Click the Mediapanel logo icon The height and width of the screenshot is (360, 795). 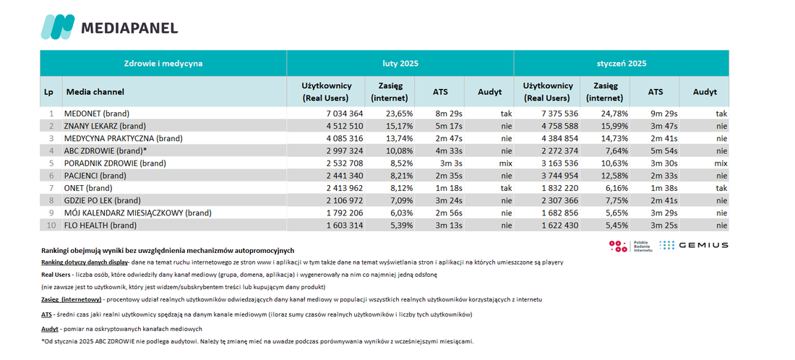(57, 27)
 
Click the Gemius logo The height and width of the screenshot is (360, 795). (694, 245)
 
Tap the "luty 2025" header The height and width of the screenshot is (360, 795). (400, 64)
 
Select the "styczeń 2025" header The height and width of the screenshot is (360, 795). (622, 64)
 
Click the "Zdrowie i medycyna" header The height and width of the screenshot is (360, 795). (163, 64)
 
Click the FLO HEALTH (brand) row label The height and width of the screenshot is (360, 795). (100, 226)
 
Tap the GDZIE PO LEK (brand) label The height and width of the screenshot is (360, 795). (102, 200)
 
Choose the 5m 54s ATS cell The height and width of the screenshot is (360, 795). (664, 150)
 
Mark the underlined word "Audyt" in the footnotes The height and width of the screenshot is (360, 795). (49, 329)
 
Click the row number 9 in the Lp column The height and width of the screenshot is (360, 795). (51, 213)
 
